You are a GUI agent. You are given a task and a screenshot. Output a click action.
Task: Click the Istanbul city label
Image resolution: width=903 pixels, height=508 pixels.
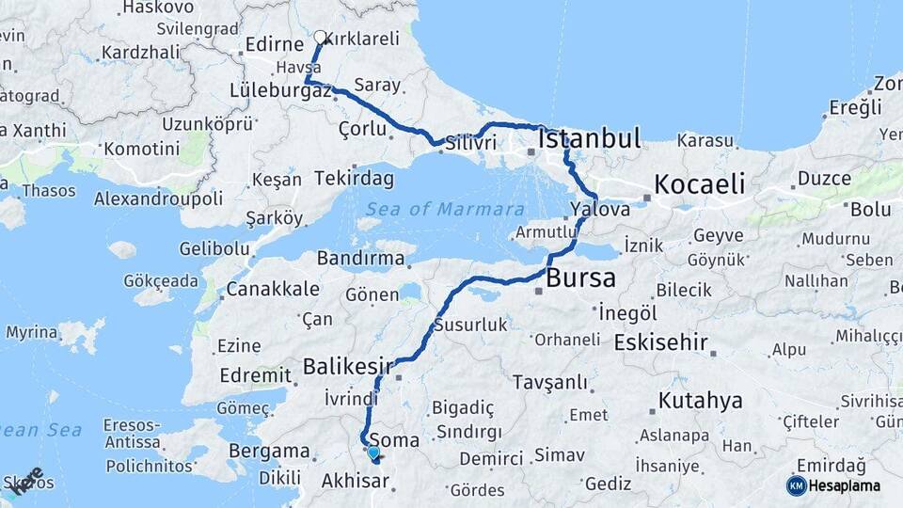point(590,139)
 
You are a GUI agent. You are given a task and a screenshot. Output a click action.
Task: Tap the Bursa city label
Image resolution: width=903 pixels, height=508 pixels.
point(580,278)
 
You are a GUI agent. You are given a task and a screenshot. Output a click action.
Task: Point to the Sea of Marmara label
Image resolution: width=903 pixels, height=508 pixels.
point(445,209)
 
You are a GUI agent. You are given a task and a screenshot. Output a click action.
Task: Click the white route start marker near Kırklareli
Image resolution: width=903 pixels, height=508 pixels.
point(320,38)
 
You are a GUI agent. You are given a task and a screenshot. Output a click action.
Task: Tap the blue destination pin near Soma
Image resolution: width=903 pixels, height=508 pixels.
point(373,452)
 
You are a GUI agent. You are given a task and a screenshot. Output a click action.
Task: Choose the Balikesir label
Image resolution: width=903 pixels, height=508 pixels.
point(348,365)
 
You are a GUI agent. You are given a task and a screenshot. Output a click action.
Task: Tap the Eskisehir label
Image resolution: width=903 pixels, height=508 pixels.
point(660,342)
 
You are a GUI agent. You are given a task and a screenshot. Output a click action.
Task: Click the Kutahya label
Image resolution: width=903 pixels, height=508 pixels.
point(700,402)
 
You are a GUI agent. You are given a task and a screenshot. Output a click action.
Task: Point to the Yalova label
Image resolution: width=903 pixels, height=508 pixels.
point(599,210)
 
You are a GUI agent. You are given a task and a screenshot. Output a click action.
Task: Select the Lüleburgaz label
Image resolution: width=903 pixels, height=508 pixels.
point(279,91)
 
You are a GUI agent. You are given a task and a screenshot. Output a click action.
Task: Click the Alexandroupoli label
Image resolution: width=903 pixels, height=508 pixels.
point(158,198)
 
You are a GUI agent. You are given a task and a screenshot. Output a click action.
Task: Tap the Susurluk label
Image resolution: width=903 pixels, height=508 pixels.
point(470,325)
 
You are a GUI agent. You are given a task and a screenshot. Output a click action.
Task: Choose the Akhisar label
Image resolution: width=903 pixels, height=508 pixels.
point(355,482)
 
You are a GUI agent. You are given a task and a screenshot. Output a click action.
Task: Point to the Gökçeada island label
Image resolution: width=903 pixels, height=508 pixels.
point(161,280)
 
